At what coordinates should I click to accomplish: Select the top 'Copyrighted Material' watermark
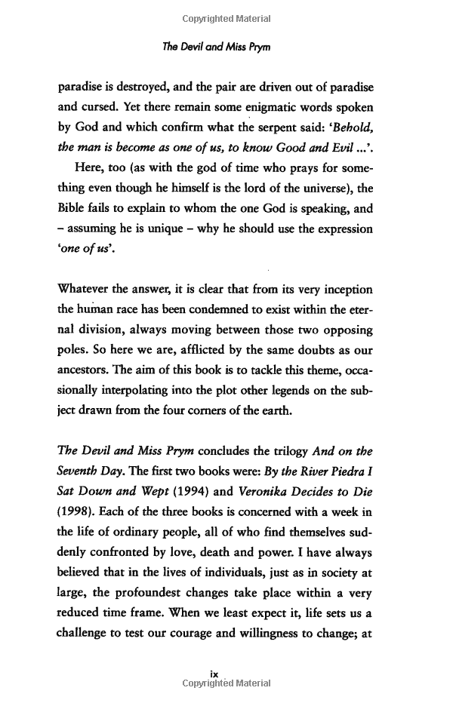pos(226,17)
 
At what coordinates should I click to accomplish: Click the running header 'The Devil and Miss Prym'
pos(226,48)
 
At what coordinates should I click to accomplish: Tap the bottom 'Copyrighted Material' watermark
pos(226,683)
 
